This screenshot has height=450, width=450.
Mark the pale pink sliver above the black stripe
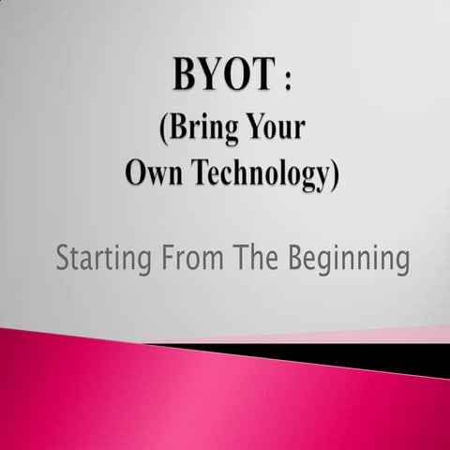click(x=394, y=335)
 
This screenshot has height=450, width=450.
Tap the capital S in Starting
click(x=63, y=257)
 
